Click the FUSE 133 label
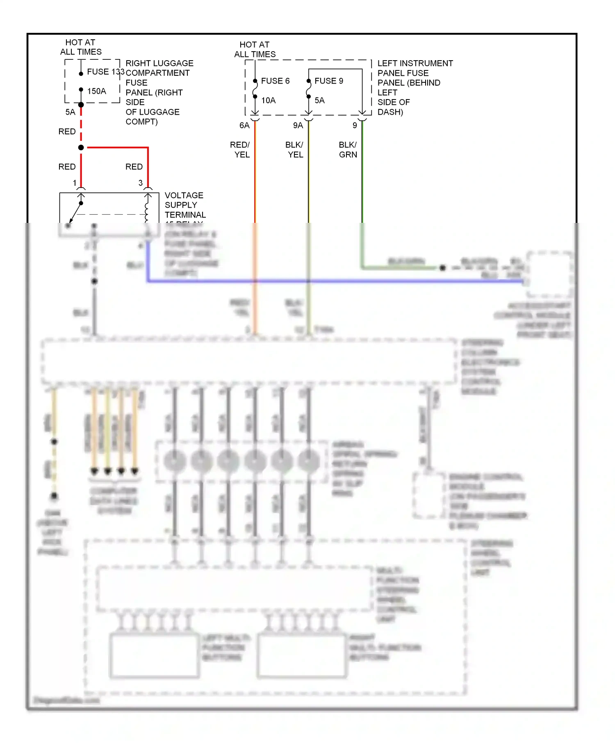pyautogui.click(x=105, y=72)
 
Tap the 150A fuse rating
pyautogui.click(x=96, y=91)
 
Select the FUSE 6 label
pyautogui.click(x=275, y=81)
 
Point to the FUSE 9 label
pyautogui.click(x=329, y=81)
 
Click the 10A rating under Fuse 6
pyautogui.click(x=269, y=100)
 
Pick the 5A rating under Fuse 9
pyautogui.click(x=319, y=100)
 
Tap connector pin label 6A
pyautogui.click(x=244, y=125)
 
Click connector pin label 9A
pyautogui.click(x=298, y=125)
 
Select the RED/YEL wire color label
pyautogui.click(x=240, y=150)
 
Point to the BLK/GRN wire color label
pyautogui.click(x=348, y=150)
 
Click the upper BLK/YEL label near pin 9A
pyautogui.click(x=294, y=150)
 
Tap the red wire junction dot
pyautogui.click(x=81, y=147)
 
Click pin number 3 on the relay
pyautogui.click(x=141, y=183)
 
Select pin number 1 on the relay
pyautogui.click(x=75, y=183)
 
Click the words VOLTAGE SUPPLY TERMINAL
pyautogui.click(x=184, y=205)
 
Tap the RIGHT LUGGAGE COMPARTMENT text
pyautogui.click(x=159, y=68)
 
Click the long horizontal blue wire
pyautogui.click(x=328, y=281)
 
